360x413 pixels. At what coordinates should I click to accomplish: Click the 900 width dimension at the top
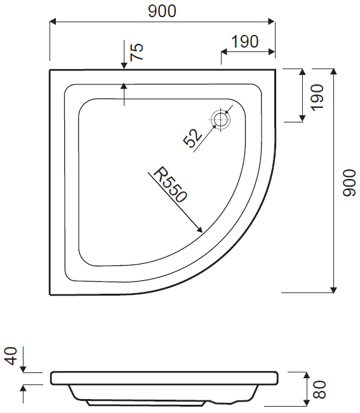[x=162, y=11]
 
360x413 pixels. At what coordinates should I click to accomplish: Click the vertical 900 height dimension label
[x=349, y=183]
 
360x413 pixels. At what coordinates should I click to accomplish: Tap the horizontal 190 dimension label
[x=245, y=42]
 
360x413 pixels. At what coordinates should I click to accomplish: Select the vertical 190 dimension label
[x=317, y=98]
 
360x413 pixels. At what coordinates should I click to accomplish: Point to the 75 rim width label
[x=137, y=51]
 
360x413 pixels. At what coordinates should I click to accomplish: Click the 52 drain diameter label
[x=193, y=138]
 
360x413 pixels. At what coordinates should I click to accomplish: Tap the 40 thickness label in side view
[x=11, y=356]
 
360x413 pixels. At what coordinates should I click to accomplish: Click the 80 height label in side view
[x=319, y=390]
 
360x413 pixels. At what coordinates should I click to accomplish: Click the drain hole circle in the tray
[x=221, y=119]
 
